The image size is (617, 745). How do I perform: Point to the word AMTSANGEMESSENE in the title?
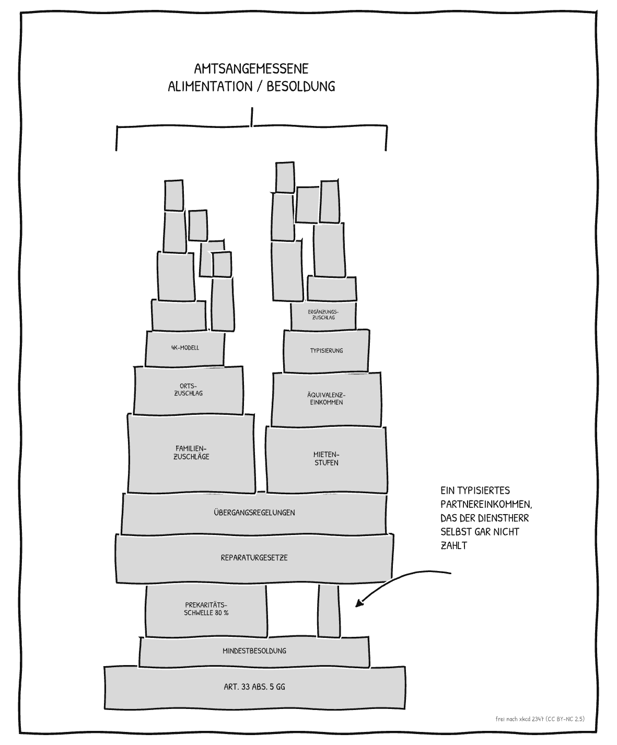point(251,69)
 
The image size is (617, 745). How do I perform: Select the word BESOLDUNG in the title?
point(301,87)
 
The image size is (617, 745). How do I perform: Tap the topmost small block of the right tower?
point(285,177)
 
